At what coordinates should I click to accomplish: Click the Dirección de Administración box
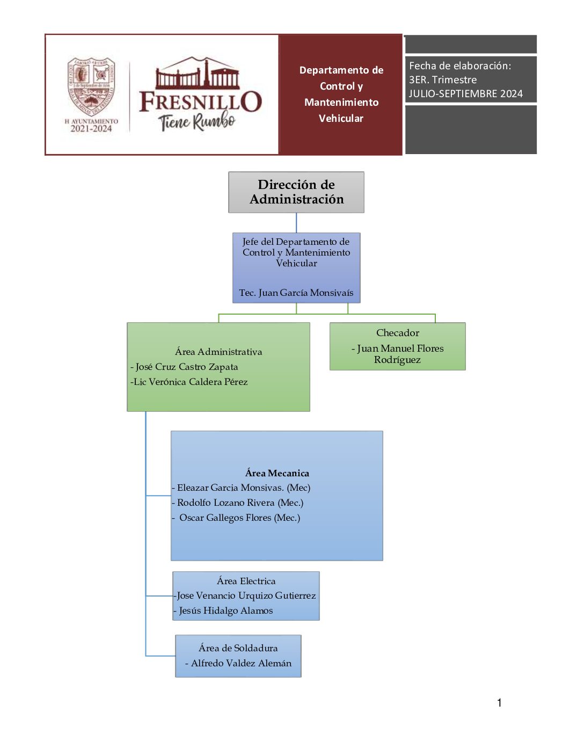coord(296,192)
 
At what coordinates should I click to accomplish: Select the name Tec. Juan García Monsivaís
coord(296,293)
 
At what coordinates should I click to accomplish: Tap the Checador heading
coord(398,333)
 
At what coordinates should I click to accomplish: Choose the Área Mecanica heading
coord(277,473)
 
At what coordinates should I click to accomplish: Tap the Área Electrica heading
coord(246,581)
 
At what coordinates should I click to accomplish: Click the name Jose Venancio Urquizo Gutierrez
coord(246,595)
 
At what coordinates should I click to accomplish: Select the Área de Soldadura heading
coord(238,648)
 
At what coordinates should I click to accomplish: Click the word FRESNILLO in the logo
coord(201,101)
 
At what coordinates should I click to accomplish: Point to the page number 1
coord(499,703)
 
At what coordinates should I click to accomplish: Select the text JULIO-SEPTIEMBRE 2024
coord(465,93)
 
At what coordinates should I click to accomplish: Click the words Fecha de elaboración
coord(459,66)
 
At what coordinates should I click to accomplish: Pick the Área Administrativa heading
coord(218,352)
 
